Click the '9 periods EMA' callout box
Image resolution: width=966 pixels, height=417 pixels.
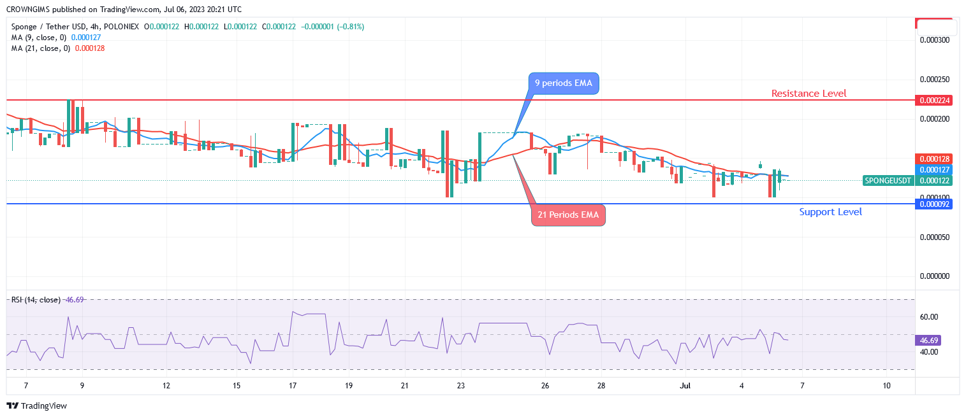coord(564,83)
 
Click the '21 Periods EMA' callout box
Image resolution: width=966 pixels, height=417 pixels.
coord(567,215)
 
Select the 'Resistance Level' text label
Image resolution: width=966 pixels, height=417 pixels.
coord(809,94)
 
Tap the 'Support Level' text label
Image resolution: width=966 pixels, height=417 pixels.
coord(830,212)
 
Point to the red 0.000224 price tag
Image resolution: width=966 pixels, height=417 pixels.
coord(933,100)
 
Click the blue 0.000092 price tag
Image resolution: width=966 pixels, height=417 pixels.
coord(933,204)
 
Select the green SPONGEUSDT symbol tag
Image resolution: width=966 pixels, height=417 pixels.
coord(888,181)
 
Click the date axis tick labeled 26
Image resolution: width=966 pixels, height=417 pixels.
coord(545,386)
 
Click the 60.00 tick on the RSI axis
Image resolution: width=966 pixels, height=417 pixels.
coord(929,317)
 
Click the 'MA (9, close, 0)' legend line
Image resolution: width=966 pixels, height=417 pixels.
coord(39,37)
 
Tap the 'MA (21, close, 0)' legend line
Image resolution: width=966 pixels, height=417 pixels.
coord(41,48)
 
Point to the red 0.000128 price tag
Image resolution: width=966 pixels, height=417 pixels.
coord(933,159)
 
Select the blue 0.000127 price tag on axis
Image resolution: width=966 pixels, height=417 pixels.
coord(933,170)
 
